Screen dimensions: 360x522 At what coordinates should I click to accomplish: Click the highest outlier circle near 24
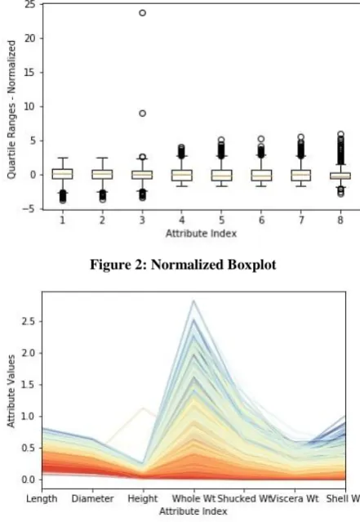(142, 13)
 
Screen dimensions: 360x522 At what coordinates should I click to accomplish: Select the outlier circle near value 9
(142, 114)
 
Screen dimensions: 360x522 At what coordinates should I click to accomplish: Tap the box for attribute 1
(63, 174)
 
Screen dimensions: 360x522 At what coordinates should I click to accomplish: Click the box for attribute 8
(340, 176)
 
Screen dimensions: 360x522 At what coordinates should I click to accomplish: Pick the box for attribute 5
(221, 175)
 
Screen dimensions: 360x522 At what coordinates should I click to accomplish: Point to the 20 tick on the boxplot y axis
(29, 38)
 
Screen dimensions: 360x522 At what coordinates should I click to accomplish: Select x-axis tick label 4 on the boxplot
(182, 220)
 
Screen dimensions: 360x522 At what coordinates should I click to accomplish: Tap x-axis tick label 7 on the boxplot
(300, 220)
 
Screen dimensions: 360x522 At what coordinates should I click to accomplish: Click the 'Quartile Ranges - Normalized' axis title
(11, 109)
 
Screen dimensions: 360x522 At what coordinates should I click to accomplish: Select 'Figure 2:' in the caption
(119, 265)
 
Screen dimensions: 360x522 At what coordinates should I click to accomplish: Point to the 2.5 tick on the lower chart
(29, 322)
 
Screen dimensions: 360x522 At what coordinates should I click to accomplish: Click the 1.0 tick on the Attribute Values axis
(29, 417)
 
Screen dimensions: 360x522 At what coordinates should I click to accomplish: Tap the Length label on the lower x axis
(42, 498)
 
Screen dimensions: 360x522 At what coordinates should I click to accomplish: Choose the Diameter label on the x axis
(92, 498)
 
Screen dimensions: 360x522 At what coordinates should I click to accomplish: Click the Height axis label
(143, 498)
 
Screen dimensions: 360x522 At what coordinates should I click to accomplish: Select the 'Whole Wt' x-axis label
(193, 498)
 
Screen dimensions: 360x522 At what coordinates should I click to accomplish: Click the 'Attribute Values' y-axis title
(11, 390)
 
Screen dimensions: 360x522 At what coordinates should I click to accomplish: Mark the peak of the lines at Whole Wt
(194, 301)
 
